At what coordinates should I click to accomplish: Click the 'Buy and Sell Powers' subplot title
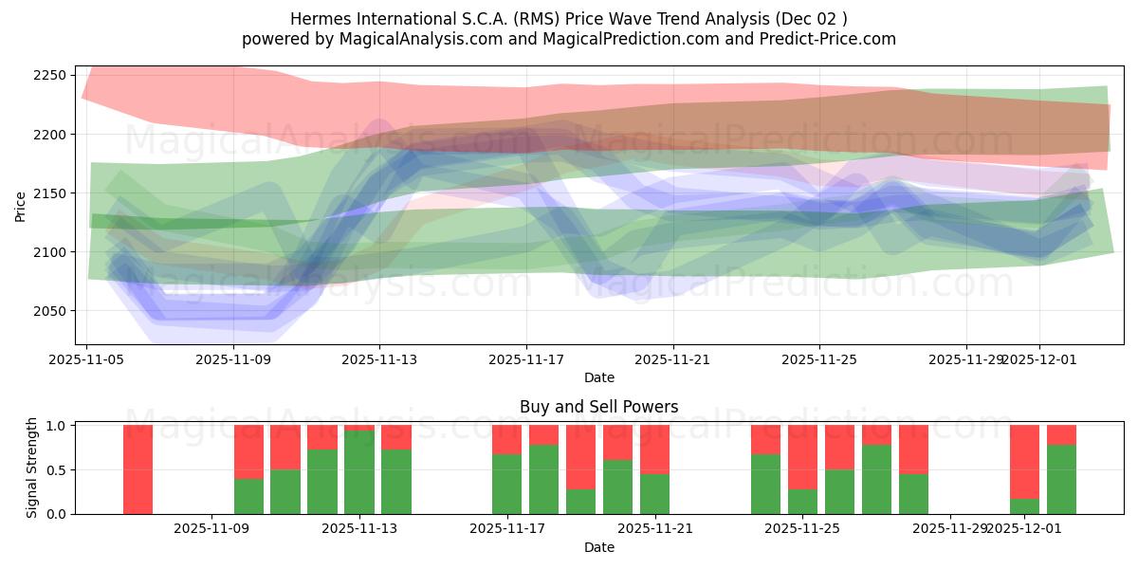[x=598, y=407]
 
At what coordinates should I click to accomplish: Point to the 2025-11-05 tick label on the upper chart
[x=87, y=360]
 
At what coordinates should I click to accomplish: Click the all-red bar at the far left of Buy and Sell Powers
[x=138, y=469]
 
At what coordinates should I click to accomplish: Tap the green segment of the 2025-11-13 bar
[x=359, y=472]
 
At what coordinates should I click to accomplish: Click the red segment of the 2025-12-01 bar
[x=1024, y=461]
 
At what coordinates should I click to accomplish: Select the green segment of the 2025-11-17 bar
[x=506, y=484]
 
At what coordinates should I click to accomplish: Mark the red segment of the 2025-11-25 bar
[x=802, y=457]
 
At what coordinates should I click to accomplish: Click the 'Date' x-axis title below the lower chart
[x=598, y=547]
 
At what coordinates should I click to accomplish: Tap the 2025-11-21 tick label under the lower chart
[x=655, y=529]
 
